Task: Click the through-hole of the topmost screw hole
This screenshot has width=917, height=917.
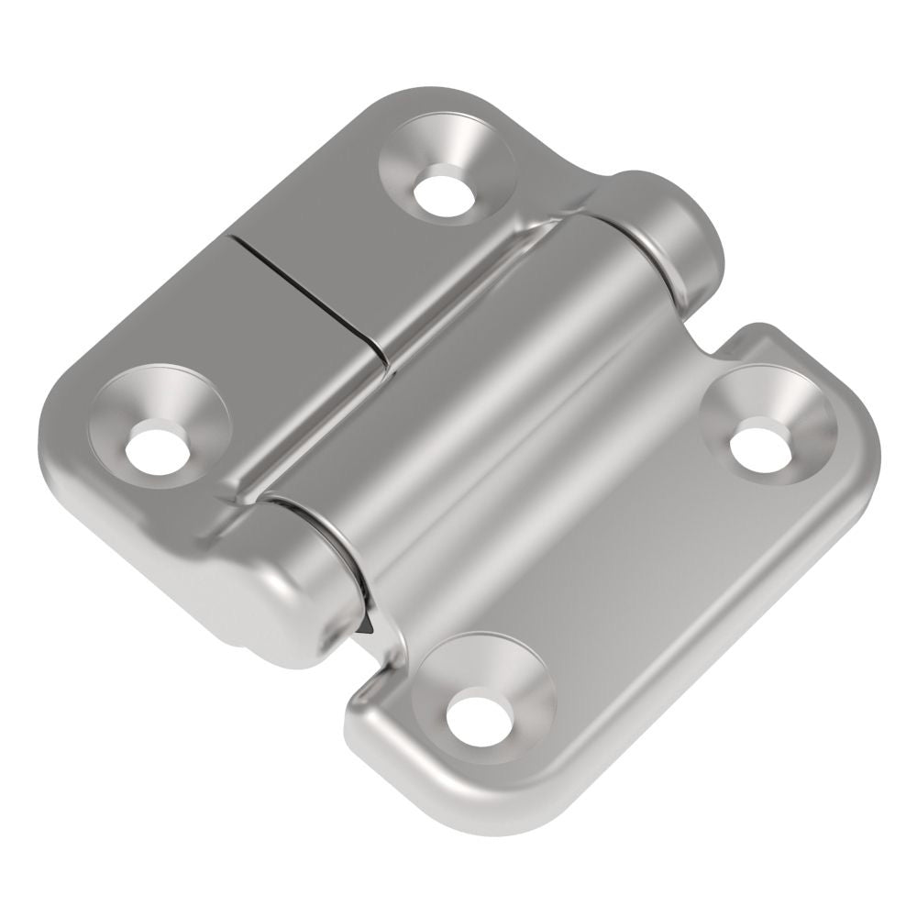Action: tap(444, 190)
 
